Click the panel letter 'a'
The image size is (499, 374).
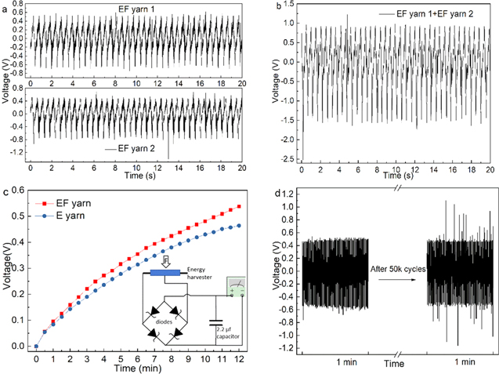5,5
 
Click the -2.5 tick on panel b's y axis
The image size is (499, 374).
291,159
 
